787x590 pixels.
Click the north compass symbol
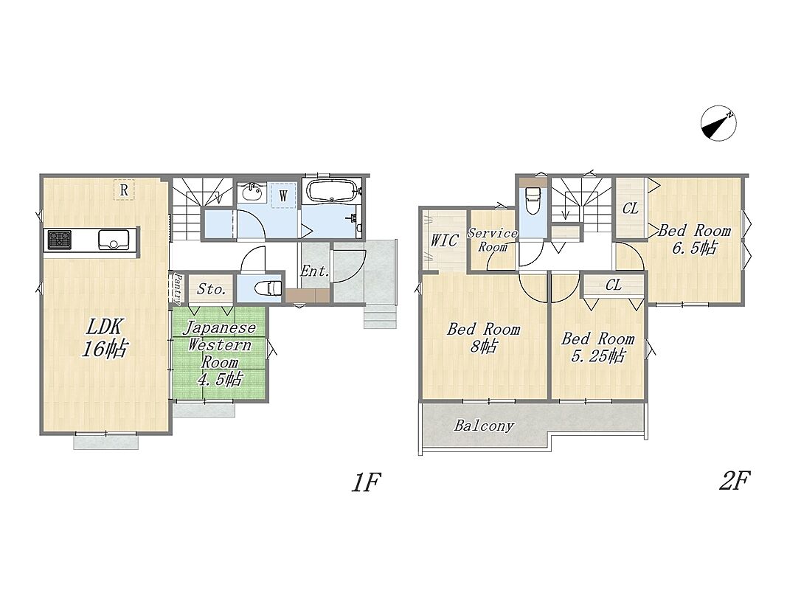point(718,123)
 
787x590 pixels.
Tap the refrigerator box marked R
point(123,190)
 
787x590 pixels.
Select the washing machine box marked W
point(283,195)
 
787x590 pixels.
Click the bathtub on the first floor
point(332,191)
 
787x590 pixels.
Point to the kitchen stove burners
point(59,239)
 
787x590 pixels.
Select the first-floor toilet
point(267,288)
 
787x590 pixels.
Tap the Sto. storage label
point(211,289)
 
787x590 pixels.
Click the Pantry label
point(177,289)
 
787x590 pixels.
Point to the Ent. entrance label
point(314,271)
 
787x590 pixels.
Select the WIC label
point(444,240)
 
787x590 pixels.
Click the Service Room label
point(492,240)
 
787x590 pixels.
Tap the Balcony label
point(484,426)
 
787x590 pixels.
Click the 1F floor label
point(366,482)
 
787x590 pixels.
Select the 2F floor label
point(734,481)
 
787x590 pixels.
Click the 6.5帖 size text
point(695,248)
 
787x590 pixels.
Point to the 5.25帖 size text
point(598,355)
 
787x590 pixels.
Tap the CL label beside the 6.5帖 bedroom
point(631,208)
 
